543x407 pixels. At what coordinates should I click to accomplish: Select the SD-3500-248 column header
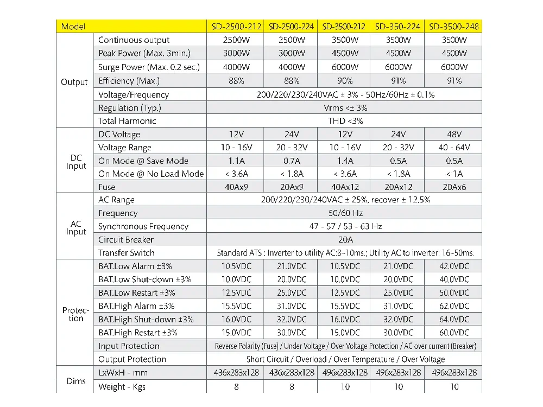click(x=454, y=27)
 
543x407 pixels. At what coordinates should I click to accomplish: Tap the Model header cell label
click(x=73, y=27)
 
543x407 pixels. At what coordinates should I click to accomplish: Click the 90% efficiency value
click(x=345, y=81)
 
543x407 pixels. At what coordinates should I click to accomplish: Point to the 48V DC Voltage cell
click(x=454, y=134)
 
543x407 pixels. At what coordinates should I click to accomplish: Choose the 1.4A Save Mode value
click(x=345, y=161)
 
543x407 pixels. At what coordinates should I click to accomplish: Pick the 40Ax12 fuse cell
click(x=345, y=187)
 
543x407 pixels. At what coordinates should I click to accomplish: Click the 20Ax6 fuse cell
click(x=454, y=187)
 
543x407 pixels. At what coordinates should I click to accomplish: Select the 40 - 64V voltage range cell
click(x=454, y=148)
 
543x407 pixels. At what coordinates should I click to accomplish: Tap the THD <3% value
click(x=345, y=121)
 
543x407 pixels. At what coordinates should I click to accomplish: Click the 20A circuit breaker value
click(x=345, y=240)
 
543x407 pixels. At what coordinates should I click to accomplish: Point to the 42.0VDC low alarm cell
click(x=454, y=266)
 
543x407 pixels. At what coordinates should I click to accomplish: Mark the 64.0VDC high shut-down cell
click(x=454, y=320)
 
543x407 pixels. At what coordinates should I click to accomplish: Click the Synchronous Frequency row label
click(x=143, y=227)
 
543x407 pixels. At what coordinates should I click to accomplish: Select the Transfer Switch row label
click(x=127, y=253)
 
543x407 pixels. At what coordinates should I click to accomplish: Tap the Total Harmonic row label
click(x=127, y=121)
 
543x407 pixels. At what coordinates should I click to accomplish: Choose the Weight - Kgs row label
click(x=122, y=387)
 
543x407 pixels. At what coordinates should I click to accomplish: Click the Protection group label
click(x=76, y=314)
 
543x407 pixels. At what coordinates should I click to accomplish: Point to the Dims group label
click(x=76, y=381)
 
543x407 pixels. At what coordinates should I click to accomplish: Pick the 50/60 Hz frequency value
click(x=345, y=213)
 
